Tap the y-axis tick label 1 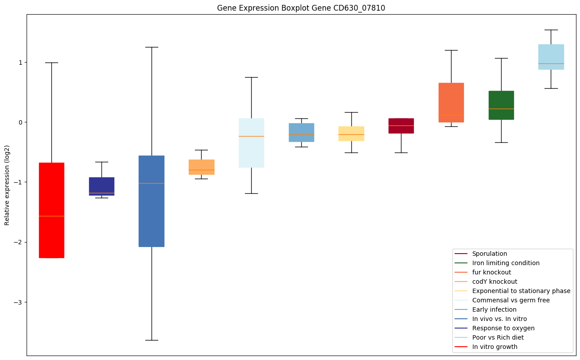point(20,63)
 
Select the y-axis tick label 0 point(20,122)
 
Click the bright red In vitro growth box point(51,210)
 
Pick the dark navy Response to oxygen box point(101,186)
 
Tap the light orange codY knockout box point(202,167)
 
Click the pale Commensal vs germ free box point(251,143)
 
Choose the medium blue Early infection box point(301,133)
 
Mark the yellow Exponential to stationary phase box point(351,133)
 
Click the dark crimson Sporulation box point(401,126)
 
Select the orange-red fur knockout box point(451,102)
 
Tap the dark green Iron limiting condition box point(501,105)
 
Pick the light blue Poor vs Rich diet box point(551,57)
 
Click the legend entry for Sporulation point(489,254)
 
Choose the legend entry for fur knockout point(491,272)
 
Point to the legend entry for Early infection point(494,309)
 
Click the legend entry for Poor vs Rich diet point(498,337)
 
